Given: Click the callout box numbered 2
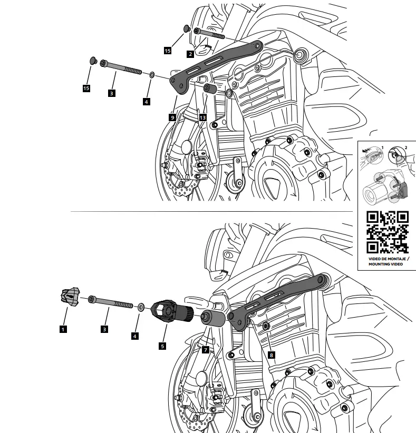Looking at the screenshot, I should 190,54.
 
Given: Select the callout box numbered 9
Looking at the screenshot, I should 172,117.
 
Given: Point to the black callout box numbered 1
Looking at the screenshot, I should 63,329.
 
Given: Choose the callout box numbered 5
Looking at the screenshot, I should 162,346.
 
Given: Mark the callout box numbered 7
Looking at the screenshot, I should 205,350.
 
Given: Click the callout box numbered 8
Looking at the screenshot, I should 271,356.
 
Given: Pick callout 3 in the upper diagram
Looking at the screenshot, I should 111,93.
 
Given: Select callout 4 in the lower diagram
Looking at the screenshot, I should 136,336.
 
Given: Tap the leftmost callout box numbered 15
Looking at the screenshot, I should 86,88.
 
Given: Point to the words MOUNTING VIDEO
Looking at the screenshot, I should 388,264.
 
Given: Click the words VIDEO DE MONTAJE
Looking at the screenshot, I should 388,259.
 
